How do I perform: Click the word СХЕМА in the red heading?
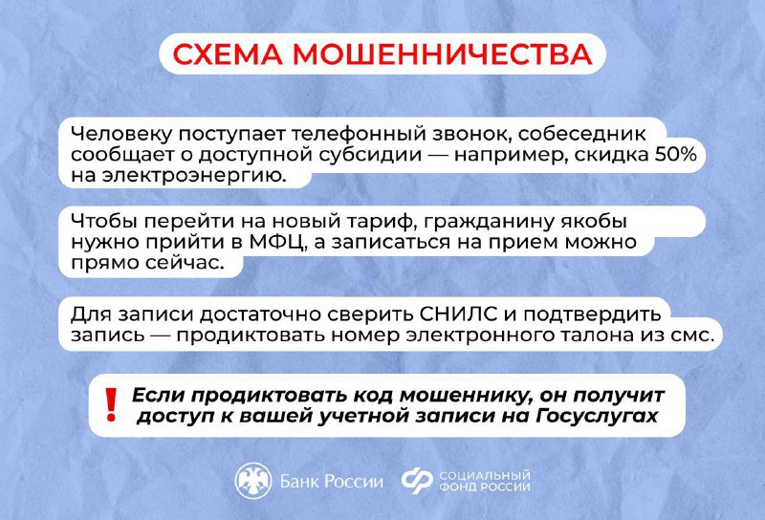(228, 54)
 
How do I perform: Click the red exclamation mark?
(112, 405)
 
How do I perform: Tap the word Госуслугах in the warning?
(597, 416)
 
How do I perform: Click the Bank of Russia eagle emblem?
(253, 481)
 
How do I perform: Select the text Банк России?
(331, 482)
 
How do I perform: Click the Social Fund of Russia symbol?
(417, 481)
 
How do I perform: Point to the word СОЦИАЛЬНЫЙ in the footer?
(485, 475)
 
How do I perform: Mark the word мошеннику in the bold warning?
(466, 396)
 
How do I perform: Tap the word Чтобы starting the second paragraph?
(103, 222)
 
